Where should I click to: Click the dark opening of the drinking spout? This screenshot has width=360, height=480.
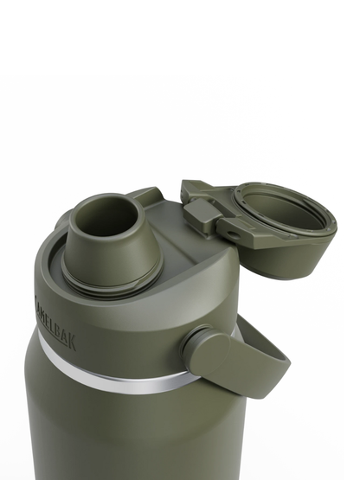[x=101, y=217]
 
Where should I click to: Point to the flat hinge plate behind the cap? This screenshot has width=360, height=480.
[x=195, y=189]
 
